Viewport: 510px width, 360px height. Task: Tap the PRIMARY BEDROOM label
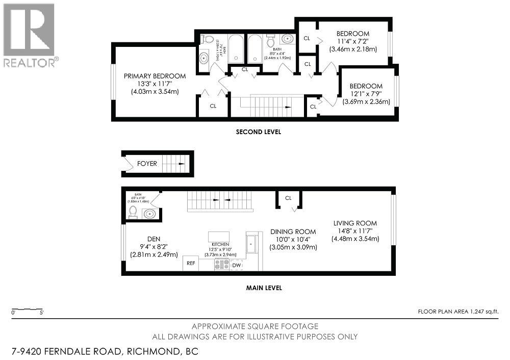click(x=155, y=76)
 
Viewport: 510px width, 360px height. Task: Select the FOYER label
click(x=147, y=164)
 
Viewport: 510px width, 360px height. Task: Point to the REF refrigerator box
click(x=191, y=264)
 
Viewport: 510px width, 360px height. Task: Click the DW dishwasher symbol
click(x=236, y=265)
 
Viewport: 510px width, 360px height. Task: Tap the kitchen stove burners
click(x=221, y=265)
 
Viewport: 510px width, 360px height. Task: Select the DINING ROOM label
click(x=293, y=231)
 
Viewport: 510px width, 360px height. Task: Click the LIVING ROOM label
click(x=355, y=223)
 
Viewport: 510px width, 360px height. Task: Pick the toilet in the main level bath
click(x=133, y=212)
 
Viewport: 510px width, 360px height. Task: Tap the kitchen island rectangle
click(x=218, y=237)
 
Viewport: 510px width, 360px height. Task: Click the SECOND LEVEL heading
click(x=258, y=132)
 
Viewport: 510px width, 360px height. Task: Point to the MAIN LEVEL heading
click(x=264, y=288)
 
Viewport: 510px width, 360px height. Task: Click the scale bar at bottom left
click(x=28, y=310)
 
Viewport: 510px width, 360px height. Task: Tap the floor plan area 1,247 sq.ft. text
click(x=458, y=311)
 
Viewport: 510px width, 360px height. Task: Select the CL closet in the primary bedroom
click(x=213, y=106)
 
